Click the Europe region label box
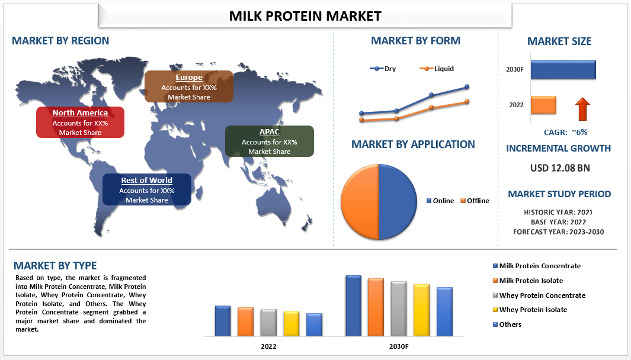[x=189, y=86]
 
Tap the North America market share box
[x=80, y=123]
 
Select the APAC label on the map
[x=269, y=141]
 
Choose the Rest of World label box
[x=147, y=189]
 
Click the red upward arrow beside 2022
[x=582, y=109]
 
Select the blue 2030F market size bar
[x=563, y=70]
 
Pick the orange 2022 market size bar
[x=543, y=105]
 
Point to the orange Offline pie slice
[x=360, y=201]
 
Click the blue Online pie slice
[x=398, y=201]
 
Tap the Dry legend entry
[x=383, y=69]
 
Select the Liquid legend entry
[x=437, y=69]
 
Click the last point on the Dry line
[x=467, y=86]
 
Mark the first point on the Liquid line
[x=361, y=120]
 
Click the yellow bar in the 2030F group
[x=421, y=310]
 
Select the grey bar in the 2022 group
[x=268, y=323]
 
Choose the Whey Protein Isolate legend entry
[x=530, y=310]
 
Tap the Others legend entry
[x=507, y=324]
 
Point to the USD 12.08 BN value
[x=560, y=168]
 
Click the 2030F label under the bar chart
[x=399, y=346]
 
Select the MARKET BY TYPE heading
[x=55, y=266]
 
